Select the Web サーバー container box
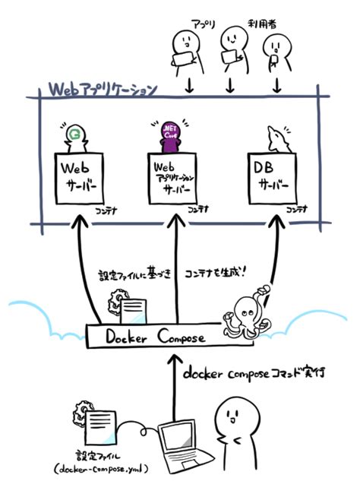(79, 179)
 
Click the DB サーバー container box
(273, 179)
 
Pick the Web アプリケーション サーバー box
(172, 179)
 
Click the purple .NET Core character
(171, 137)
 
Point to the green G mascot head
(74, 134)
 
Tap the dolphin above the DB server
(278, 140)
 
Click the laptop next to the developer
(184, 447)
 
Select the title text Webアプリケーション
(103, 90)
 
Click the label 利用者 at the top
(262, 24)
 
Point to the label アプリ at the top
(203, 24)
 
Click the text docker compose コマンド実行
(254, 373)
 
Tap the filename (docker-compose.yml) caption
(101, 468)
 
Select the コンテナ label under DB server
(297, 210)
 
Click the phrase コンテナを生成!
(216, 274)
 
